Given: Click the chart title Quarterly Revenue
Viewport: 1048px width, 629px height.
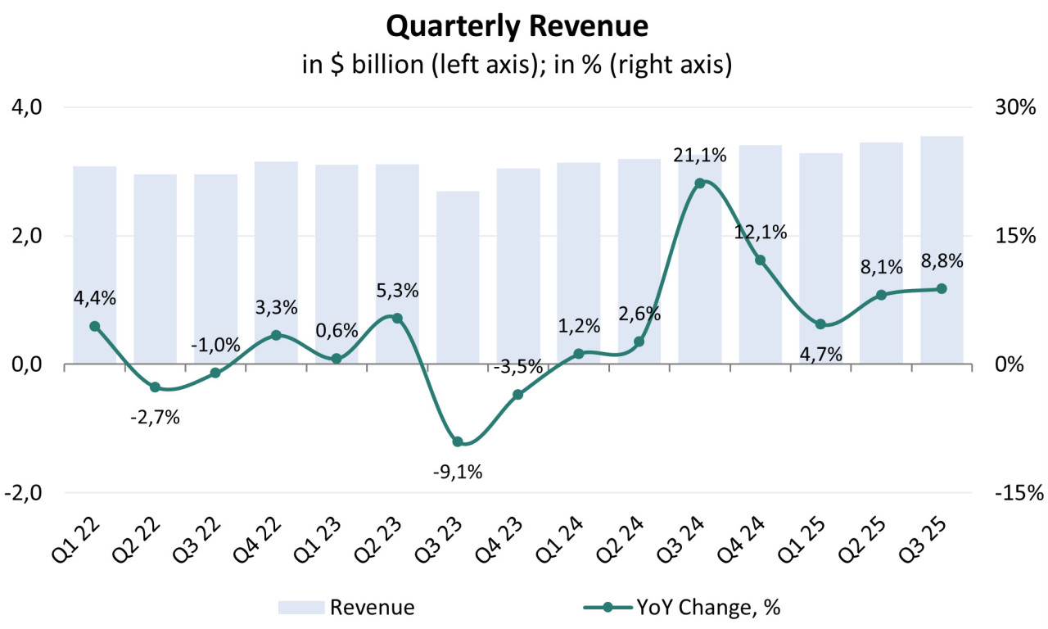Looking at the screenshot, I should (x=517, y=26).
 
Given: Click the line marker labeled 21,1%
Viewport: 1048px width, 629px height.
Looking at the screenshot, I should (x=700, y=183).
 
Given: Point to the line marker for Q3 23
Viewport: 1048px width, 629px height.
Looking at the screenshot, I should (x=458, y=442).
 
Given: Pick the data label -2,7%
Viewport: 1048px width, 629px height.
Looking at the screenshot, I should (x=155, y=419).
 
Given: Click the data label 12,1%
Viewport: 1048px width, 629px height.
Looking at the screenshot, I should (x=761, y=232).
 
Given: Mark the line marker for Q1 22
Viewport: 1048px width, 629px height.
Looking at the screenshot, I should (x=95, y=326).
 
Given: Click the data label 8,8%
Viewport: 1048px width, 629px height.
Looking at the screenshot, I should (x=942, y=261).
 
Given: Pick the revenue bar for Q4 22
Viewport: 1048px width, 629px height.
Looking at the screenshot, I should (x=276, y=262).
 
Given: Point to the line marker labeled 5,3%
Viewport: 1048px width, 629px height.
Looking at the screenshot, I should (x=397, y=318).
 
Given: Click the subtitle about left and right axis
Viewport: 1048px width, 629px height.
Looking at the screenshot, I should (x=517, y=65).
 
